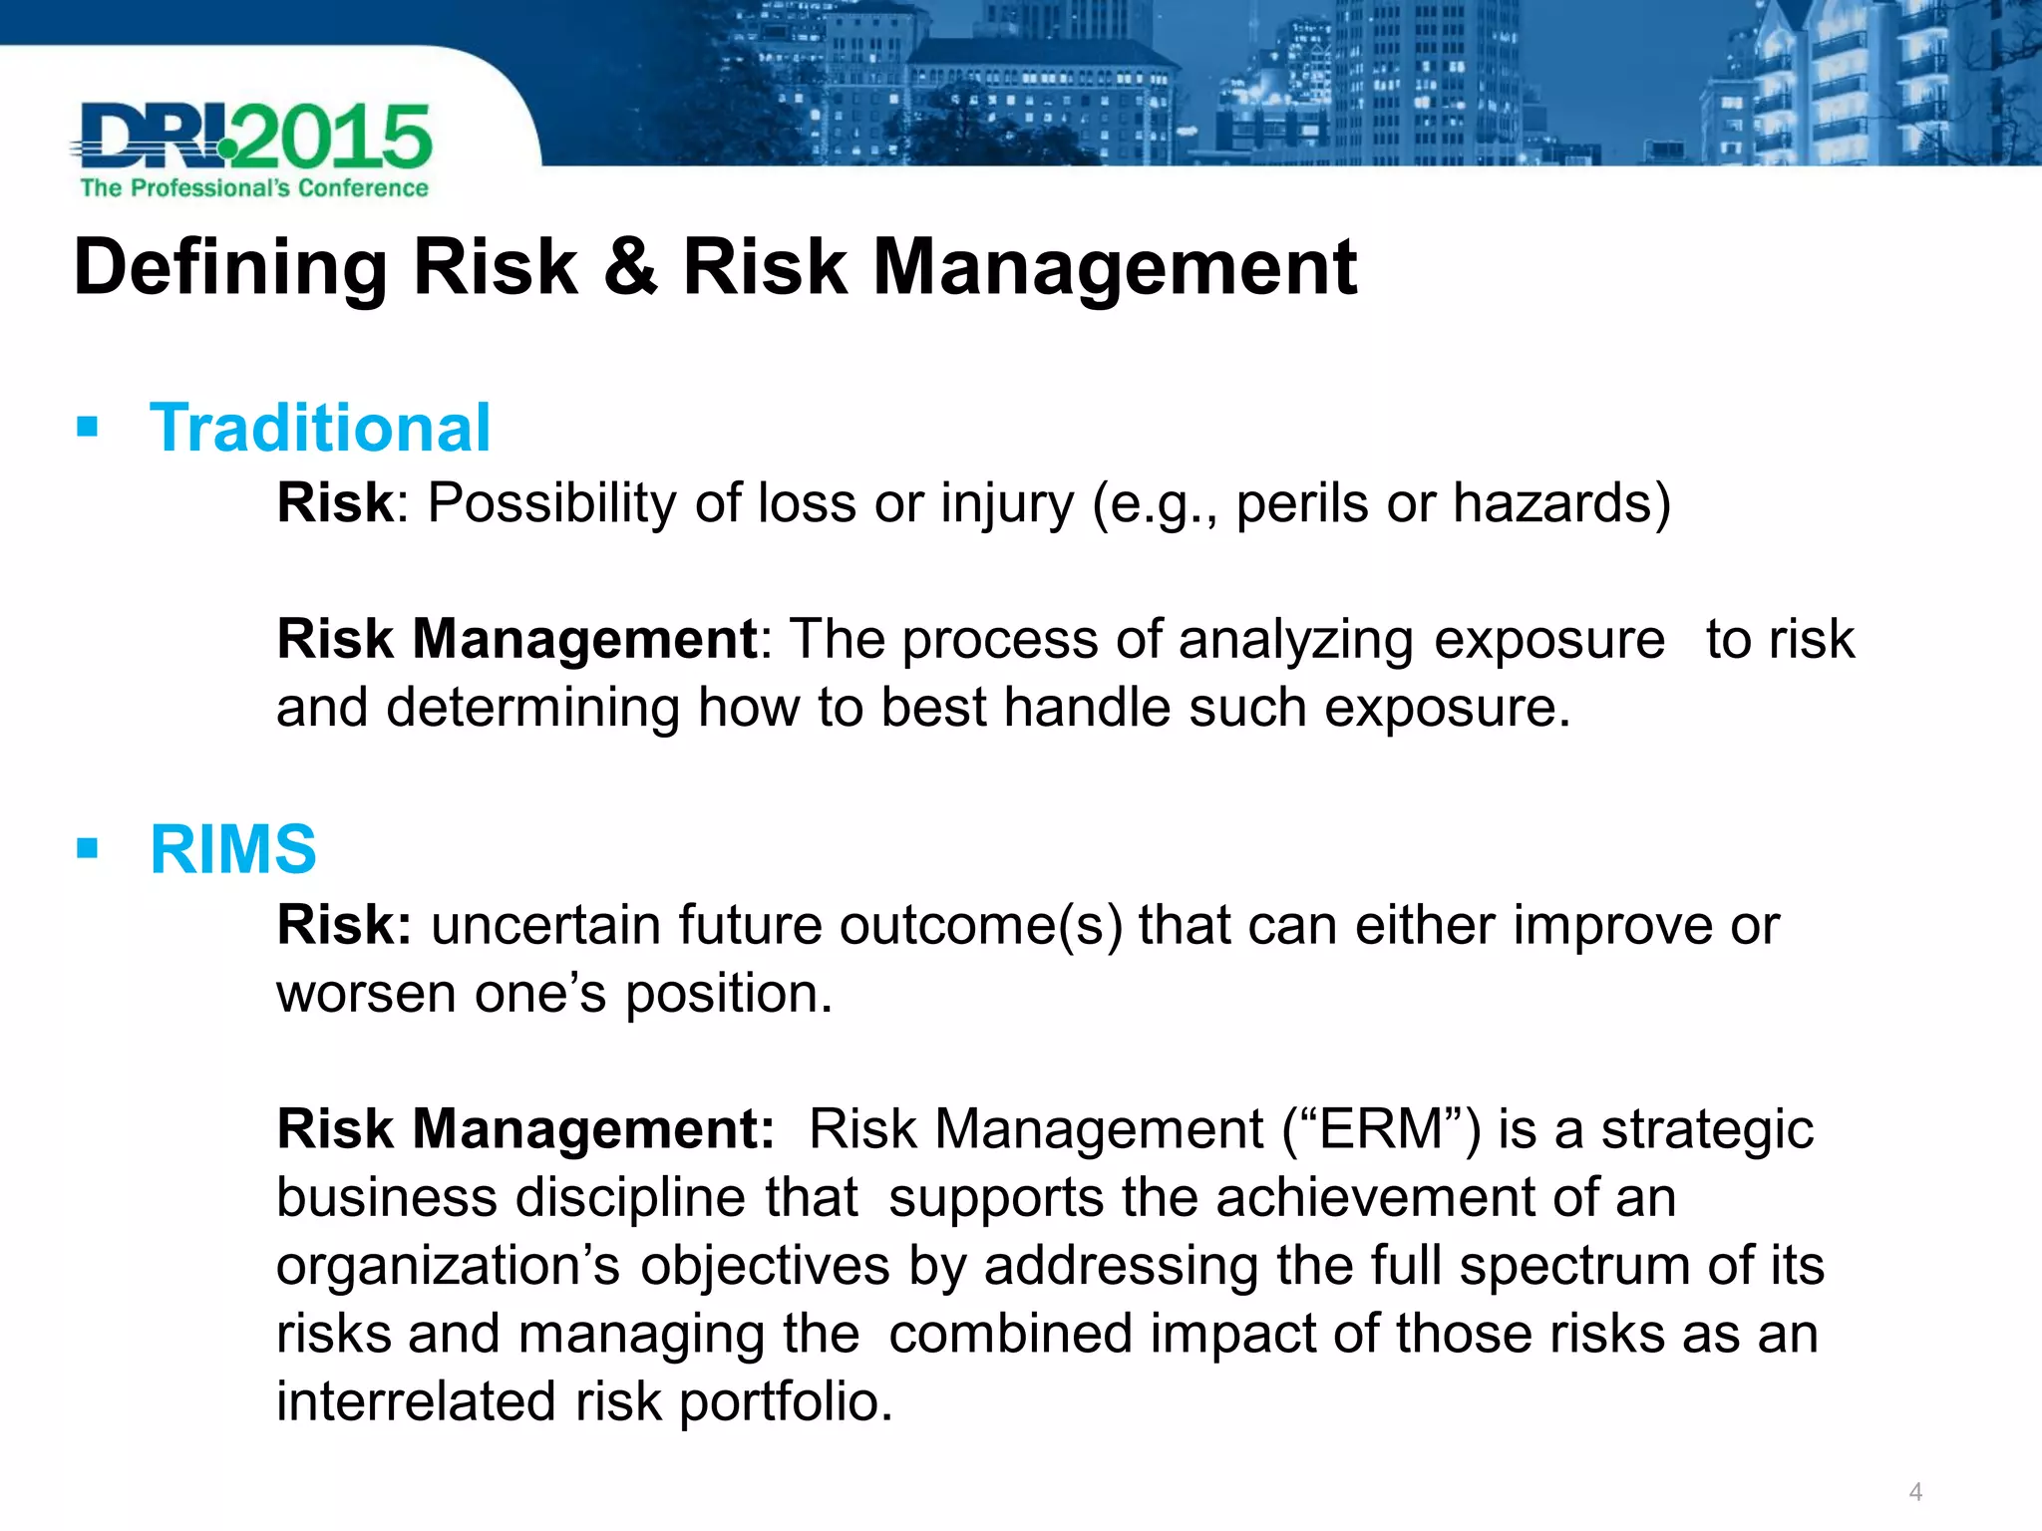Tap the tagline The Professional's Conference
253,188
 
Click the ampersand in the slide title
630,267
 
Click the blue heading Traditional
319,429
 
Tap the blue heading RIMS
232,850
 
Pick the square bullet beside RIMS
88,849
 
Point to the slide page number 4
1914,1492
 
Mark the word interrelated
415,1401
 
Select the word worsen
365,994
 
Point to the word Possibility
552,503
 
